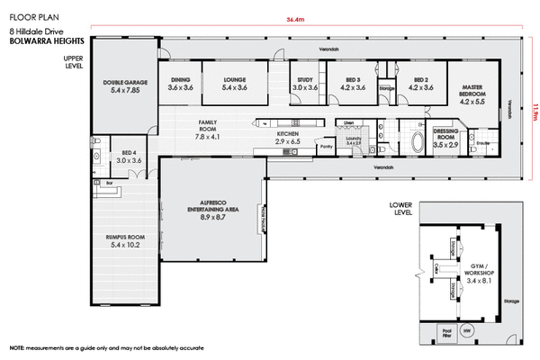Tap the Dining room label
pos(181,84)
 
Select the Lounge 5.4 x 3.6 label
pos(234,84)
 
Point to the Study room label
pos(305,84)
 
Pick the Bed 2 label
pos(420,84)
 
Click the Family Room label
pos(208,129)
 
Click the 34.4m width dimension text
pos(294,18)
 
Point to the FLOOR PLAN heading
pos(32,17)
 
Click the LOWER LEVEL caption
pos(400,209)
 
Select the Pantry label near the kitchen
pos(326,144)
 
